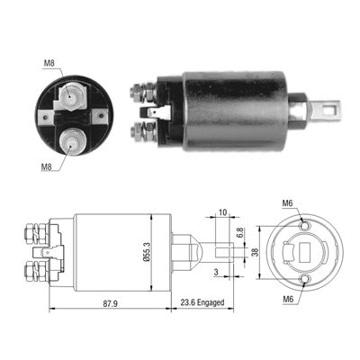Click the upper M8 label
[49, 63]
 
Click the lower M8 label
[47, 167]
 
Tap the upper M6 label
[287, 203]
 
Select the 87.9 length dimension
[111, 303]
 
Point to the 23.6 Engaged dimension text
[202, 302]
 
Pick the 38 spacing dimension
[255, 252]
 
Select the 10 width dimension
[222, 212]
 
